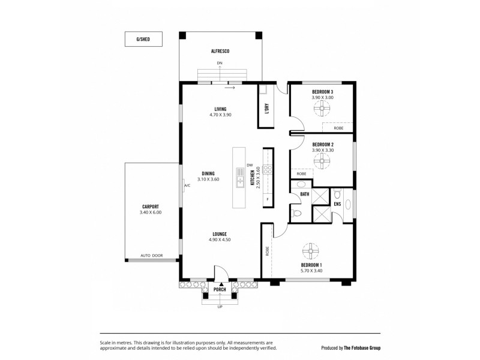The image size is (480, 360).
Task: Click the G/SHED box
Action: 143,39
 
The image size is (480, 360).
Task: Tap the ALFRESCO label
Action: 220,52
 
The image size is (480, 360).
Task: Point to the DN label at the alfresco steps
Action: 220,63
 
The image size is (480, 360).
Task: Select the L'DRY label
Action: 266,109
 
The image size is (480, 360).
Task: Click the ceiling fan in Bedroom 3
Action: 322,109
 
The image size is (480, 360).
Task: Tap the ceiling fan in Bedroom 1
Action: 313,250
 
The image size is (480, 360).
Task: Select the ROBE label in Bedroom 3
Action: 338,128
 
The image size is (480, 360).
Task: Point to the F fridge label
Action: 267,198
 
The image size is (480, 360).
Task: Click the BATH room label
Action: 305,194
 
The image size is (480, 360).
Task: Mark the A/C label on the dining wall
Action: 187,185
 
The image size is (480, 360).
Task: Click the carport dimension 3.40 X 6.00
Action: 151,212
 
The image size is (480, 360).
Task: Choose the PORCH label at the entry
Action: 220,289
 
